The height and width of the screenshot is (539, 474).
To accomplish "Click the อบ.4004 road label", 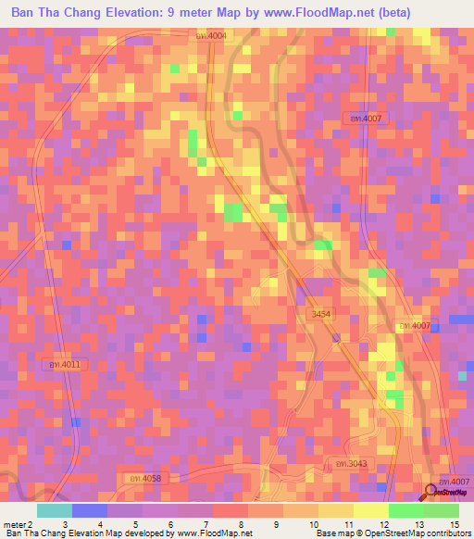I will click(211, 35).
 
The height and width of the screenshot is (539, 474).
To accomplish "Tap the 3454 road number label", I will click(321, 315).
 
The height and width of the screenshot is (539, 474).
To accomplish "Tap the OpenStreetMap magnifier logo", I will click(431, 493).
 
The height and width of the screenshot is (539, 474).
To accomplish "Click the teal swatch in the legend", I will click(55, 510).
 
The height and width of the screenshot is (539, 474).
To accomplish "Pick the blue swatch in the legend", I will click(90, 510).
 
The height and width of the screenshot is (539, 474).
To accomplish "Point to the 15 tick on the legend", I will click(454, 524).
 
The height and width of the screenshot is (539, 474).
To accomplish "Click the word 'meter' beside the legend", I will click(14, 524).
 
